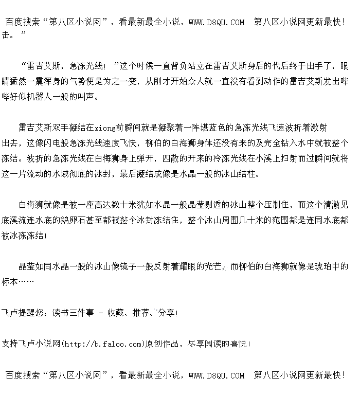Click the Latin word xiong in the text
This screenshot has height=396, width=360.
pyautogui.click(x=105, y=128)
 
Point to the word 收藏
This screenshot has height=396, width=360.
pyautogui.click(x=116, y=313)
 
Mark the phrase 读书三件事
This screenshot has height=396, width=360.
pyautogui.click(x=73, y=313)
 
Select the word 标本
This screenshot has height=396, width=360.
pyautogui.click(x=11, y=282)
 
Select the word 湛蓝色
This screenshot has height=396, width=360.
pyautogui.click(x=207, y=128)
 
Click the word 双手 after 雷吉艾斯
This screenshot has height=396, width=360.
pyautogui.click(x=61, y=128)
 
